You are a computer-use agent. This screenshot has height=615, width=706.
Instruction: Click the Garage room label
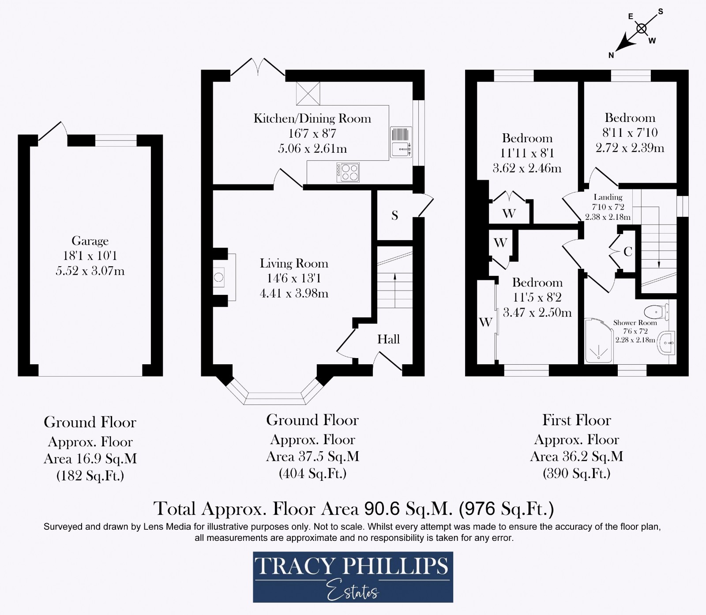90,241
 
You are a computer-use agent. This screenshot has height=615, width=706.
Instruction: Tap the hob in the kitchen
348,173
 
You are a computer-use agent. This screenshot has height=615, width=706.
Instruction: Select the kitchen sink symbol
401,142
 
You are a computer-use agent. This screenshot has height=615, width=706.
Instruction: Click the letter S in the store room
395,215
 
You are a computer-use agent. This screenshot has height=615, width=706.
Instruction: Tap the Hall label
388,339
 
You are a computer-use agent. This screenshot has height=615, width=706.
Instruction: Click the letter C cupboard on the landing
627,252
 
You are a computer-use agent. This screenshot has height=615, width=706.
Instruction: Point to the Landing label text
608,197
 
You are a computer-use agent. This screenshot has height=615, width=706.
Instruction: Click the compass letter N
611,55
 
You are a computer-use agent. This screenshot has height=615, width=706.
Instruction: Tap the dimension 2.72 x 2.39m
630,148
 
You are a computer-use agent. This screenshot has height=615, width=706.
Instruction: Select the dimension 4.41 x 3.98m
294,293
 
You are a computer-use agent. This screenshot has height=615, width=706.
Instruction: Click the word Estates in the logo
353,591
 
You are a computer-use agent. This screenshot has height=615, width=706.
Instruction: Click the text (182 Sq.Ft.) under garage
90,475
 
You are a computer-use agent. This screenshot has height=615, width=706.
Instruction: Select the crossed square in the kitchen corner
308,94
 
